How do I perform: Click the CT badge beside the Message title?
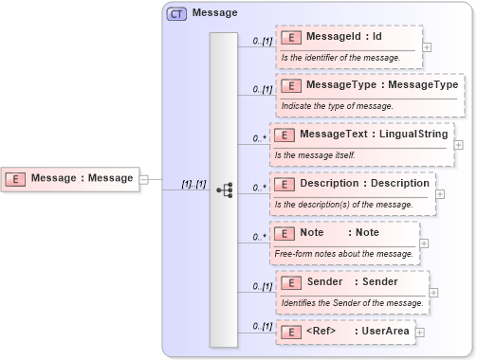[176, 13]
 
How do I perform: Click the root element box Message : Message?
[70, 178]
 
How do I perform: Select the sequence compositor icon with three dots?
[225, 189]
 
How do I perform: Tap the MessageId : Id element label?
[344, 37]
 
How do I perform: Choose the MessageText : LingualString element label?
[373, 135]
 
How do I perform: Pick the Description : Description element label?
[363, 183]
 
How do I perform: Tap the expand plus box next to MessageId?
[427, 46]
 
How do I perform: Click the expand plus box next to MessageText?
[459, 145]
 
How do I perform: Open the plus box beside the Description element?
[440, 193]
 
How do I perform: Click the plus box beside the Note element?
[424, 243]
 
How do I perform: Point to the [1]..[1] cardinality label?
[194, 184]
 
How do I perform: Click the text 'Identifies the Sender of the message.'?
[352, 302]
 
